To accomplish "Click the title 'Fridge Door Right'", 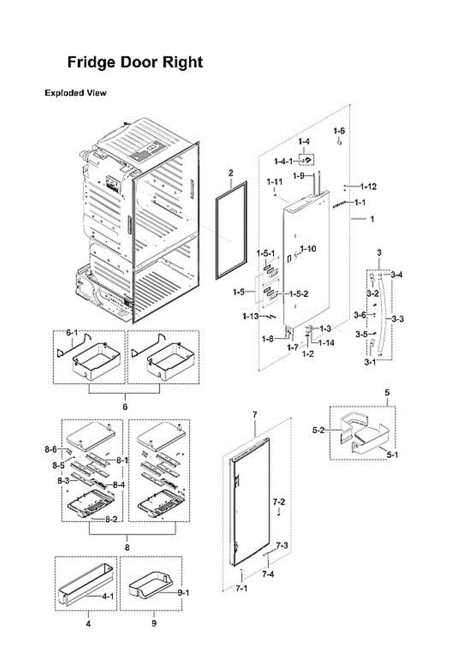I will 135,62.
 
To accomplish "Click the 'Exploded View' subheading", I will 75,93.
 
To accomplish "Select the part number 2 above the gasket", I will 230,174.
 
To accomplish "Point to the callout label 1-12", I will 368,187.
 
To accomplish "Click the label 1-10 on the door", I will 308,248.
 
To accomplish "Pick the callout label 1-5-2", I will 299,294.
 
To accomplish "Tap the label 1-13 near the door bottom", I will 251,316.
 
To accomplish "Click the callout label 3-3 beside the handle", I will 398,319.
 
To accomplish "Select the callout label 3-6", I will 360,315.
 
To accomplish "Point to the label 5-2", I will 319,430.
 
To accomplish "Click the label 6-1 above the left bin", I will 72,332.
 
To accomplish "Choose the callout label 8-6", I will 51,449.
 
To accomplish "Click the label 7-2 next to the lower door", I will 279,502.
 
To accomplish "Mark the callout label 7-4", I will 268,574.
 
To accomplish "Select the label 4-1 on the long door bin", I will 107,596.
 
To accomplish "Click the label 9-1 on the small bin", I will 182,593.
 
